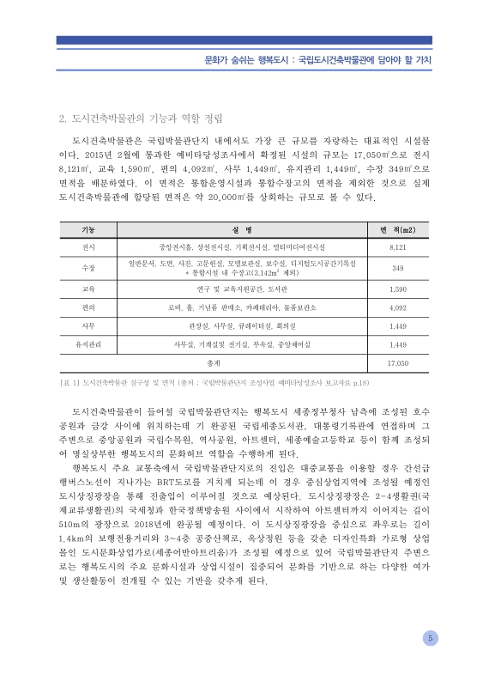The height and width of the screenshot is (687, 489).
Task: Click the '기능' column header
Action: point(88,230)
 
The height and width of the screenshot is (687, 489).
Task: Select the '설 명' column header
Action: point(241,230)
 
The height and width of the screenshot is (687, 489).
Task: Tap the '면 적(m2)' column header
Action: point(397,230)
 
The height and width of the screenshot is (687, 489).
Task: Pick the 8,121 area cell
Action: point(397,246)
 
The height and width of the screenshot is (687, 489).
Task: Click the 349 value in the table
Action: point(397,268)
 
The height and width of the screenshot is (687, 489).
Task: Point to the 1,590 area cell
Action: point(397,289)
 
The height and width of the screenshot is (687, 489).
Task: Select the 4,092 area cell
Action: point(397,307)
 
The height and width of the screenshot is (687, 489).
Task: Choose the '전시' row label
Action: point(88,246)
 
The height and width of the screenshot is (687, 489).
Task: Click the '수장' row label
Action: point(88,268)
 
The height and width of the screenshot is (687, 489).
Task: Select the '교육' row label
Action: point(88,289)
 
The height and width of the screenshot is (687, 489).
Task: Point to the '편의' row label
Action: point(88,307)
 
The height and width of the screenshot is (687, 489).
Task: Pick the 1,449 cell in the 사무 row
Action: point(397,325)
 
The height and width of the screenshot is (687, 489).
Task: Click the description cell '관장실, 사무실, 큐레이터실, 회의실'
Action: point(241,325)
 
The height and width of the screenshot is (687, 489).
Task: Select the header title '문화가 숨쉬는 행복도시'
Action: point(237,61)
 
